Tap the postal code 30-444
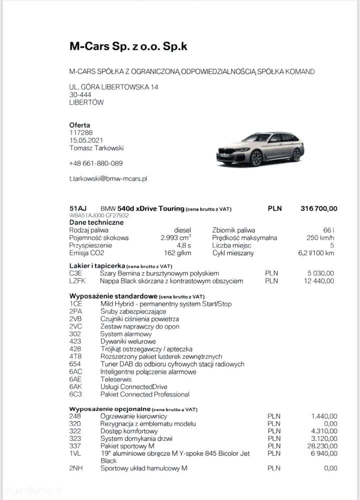pos(80,95)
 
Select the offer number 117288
pos(81,133)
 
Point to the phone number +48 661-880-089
pos(96,163)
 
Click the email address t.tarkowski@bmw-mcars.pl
pos(108,178)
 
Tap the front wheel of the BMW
pos(256,158)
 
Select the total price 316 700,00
pos(319,208)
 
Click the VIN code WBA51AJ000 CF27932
pos(99,216)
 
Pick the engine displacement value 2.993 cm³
pos(176,238)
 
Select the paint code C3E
pos(76,273)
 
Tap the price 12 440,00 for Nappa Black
pos(318,281)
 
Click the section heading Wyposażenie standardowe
pos(114,296)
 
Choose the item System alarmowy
pos(126,334)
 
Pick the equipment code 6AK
pos(76,387)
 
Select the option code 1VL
pos(75,453)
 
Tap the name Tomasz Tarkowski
pos(96,148)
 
